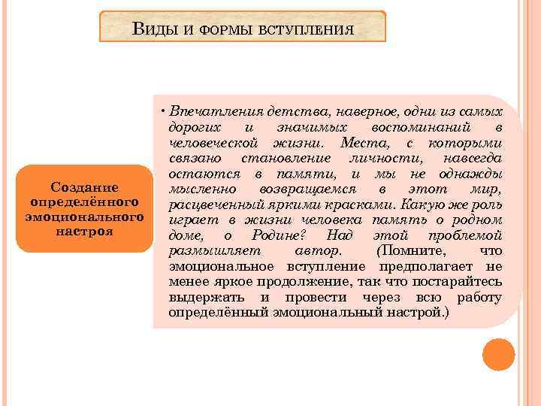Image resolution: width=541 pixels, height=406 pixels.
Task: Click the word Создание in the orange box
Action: [85, 188]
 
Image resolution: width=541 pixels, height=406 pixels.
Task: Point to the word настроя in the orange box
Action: [85, 231]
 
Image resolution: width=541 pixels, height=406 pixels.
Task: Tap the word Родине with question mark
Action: [275, 235]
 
